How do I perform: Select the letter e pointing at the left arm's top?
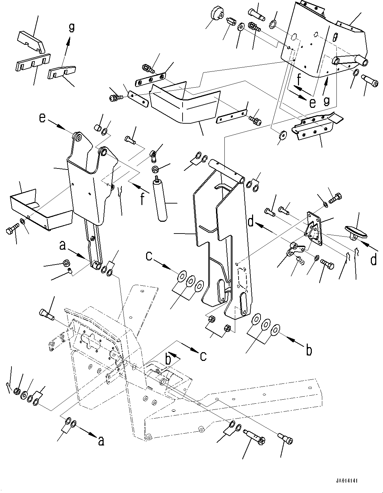[x=43, y=118]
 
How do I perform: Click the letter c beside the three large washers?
[x=149, y=257]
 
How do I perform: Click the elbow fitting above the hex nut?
[x=154, y=156]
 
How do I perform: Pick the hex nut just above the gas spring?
[x=155, y=169]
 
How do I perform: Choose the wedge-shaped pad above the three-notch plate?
[x=32, y=42]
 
